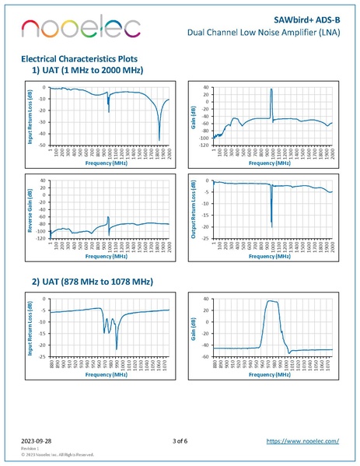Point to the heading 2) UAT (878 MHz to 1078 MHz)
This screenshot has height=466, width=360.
pyautogui.click(x=93, y=281)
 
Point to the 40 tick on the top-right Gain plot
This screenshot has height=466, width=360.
pyautogui.click(x=206, y=87)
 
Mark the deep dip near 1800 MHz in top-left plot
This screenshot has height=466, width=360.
pyautogui.click(x=159, y=139)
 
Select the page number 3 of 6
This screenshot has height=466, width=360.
pyautogui.click(x=180, y=441)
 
